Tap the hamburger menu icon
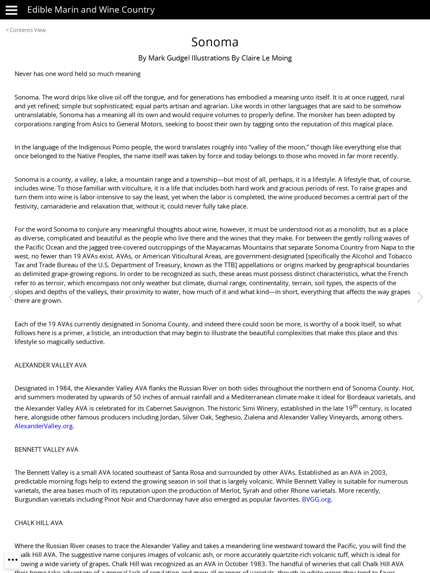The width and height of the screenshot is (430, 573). click(x=12, y=10)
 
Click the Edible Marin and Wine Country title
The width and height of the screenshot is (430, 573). click(x=91, y=10)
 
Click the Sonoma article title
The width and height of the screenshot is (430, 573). click(x=215, y=42)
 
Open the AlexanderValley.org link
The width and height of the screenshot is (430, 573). click(x=43, y=426)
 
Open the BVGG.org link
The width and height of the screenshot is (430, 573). click(x=316, y=500)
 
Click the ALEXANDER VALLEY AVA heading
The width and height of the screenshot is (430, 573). click(x=51, y=365)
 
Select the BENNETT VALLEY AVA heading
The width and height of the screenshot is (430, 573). click(x=46, y=450)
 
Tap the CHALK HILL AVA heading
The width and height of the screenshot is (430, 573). click(x=39, y=523)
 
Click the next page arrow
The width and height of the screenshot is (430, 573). click(x=420, y=297)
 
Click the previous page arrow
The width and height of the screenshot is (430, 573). click(x=12, y=297)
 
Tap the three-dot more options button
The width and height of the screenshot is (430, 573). click(x=13, y=560)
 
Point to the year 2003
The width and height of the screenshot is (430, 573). click(x=378, y=472)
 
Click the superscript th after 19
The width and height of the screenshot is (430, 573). click(x=355, y=406)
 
